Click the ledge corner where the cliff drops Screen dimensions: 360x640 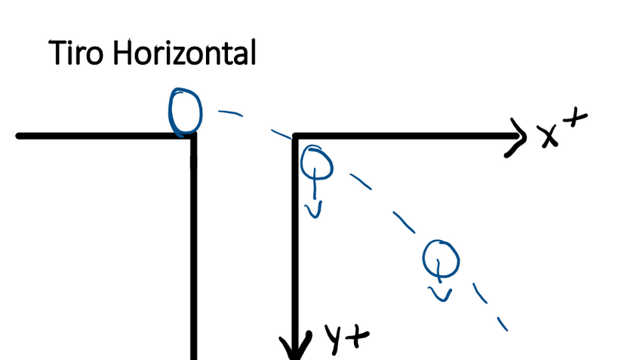coord(194,136)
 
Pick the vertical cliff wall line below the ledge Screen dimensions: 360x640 coord(194,249)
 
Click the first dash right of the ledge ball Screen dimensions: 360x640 coord(230,114)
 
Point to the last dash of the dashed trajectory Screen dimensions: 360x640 coord(501,323)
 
